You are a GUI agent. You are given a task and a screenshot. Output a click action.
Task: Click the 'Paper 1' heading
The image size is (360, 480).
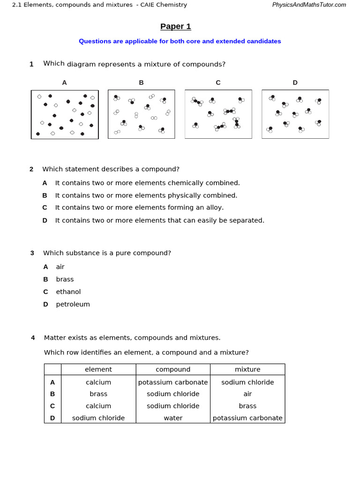click(175, 26)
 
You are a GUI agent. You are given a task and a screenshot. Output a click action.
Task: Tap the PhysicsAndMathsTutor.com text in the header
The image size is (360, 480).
click(309, 5)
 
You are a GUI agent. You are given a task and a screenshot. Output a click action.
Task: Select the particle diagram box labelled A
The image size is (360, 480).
click(65, 114)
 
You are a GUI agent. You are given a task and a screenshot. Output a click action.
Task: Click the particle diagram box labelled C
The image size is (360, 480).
click(218, 114)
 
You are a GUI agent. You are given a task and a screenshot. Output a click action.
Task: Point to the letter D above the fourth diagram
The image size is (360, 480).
click(295, 82)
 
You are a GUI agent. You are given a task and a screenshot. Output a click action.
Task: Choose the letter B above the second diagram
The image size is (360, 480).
click(141, 82)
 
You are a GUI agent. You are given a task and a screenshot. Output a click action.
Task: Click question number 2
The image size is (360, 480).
click(31, 169)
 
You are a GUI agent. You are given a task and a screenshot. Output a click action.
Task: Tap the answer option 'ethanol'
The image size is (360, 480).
click(68, 292)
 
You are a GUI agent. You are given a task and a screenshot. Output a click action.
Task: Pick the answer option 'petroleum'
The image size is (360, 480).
click(73, 304)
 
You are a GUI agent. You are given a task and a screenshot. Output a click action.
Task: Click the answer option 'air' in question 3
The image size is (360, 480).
click(60, 267)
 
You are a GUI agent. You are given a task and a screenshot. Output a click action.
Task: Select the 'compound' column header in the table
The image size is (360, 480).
click(173, 369)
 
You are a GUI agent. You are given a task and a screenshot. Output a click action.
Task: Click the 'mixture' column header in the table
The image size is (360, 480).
click(247, 369)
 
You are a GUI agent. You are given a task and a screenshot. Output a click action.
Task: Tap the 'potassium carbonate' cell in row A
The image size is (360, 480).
click(173, 382)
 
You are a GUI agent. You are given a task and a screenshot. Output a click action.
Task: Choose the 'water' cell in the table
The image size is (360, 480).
click(173, 418)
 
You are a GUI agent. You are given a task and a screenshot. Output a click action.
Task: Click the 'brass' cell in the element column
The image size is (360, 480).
click(98, 394)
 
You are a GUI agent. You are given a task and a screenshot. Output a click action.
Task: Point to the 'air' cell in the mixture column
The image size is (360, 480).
click(247, 394)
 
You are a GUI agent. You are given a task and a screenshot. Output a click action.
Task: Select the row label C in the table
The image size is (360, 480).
click(52, 406)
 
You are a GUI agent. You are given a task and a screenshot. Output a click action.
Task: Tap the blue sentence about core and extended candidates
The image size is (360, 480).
click(180, 41)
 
